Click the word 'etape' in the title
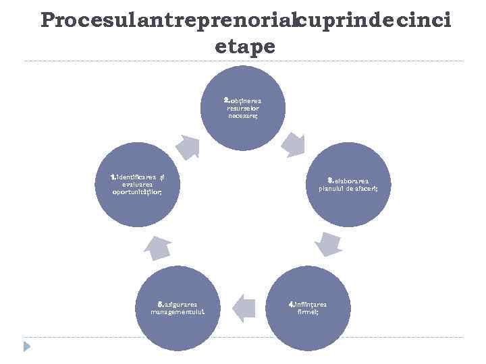click(x=245, y=47)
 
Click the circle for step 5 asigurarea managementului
click(x=178, y=308)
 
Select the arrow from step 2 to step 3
click(x=294, y=144)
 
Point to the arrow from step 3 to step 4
click(x=328, y=244)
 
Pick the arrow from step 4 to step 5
click(x=242, y=308)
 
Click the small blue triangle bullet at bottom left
click(x=27, y=346)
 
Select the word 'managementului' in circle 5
click(x=178, y=312)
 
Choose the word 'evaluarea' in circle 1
click(x=138, y=184)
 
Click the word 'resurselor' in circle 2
click(x=243, y=108)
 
